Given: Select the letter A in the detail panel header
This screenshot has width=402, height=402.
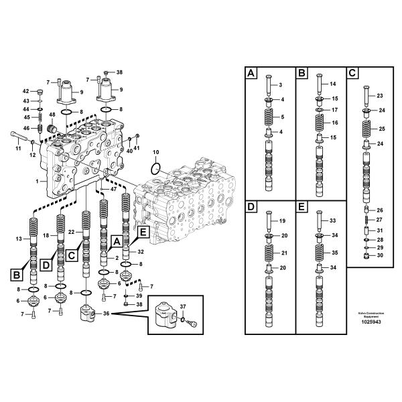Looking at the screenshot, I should coord(251,73).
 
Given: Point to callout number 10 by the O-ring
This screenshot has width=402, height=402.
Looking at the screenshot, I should coord(156,153).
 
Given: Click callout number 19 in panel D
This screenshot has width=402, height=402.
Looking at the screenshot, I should coord(282,220).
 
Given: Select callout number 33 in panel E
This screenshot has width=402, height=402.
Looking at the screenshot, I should coord(334,220).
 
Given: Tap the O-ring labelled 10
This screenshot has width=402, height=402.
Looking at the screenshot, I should coord(155,167).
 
